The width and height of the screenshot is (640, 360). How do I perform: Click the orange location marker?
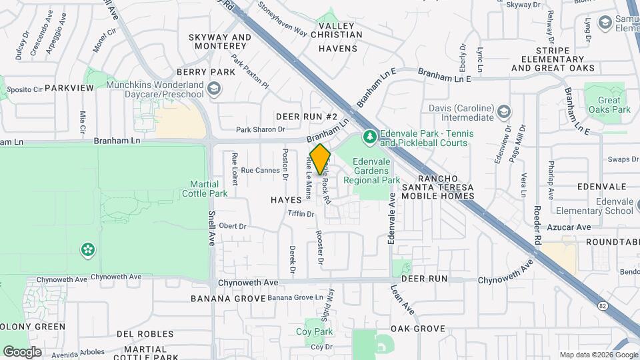click(321, 159)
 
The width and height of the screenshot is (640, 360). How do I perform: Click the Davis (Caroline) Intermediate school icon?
click(504, 111)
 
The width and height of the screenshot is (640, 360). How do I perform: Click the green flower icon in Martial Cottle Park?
click(87, 250)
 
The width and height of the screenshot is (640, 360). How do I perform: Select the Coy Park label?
click(314, 331)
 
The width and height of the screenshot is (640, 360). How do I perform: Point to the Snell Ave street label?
click(212, 229)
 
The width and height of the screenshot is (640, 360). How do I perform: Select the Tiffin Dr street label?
click(301, 214)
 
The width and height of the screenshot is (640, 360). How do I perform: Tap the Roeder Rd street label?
click(537, 229)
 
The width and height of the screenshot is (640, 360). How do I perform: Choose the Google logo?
click(23, 351)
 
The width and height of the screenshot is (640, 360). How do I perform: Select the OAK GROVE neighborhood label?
click(418, 329)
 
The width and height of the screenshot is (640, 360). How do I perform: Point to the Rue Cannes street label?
click(261, 171)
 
